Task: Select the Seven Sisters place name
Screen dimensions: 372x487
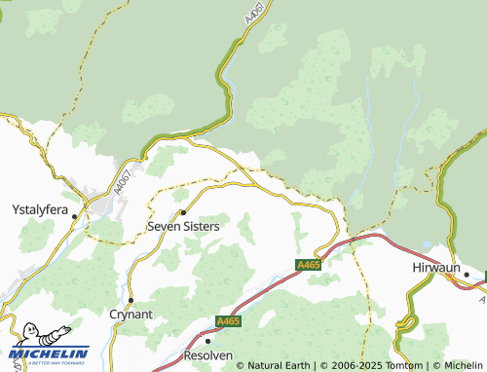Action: (183, 225)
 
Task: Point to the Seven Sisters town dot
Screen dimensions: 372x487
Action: (183, 211)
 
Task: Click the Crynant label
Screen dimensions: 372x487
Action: (131, 315)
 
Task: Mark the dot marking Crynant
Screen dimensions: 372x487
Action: (131, 300)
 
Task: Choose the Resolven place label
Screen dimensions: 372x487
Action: (207, 356)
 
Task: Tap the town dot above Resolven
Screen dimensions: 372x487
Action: (207, 342)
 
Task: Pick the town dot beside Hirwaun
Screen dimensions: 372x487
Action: (467, 275)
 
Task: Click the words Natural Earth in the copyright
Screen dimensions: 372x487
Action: (277, 365)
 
